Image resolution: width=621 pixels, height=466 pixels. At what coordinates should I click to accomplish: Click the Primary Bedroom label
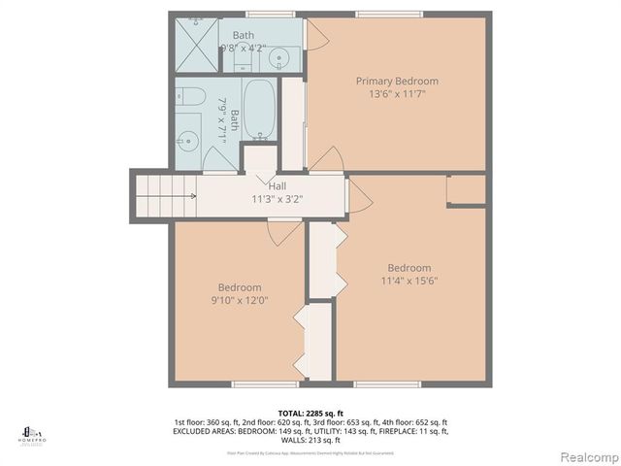click(x=396, y=81)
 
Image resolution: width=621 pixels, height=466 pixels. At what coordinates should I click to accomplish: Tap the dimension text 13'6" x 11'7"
click(x=396, y=94)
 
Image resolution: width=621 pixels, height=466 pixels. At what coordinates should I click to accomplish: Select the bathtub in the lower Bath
click(x=260, y=110)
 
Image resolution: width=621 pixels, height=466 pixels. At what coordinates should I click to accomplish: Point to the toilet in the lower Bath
click(x=190, y=96)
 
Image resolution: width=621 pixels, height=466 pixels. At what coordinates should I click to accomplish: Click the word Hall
click(x=277, y=186)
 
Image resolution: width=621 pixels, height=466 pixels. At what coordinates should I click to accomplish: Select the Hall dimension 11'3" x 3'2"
click(x=277, y=199)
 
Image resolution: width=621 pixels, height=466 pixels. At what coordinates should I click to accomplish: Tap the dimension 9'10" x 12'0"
click(x=239, y=300)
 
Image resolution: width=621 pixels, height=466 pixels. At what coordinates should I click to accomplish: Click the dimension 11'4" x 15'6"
click(x=409, y=282)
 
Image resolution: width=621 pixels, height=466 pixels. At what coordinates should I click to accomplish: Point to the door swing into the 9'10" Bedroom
click(x=284, y=233)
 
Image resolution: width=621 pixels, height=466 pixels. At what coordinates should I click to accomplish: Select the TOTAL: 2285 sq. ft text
click(x=310, y=413)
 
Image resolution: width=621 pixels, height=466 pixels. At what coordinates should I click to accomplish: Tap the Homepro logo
click(x=33, y=433)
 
